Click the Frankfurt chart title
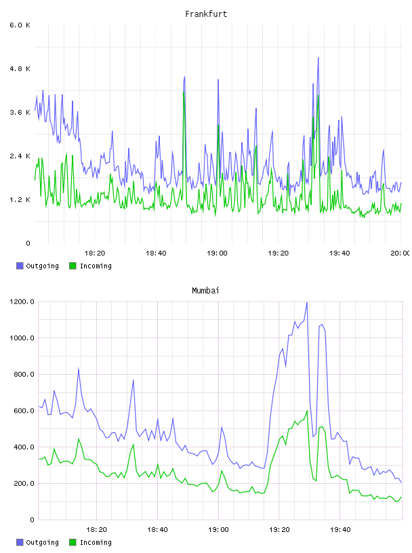206,14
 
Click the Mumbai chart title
205,291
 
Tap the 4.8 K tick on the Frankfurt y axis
20,68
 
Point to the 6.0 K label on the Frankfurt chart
20,25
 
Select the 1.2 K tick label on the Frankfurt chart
20,200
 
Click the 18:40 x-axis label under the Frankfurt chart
156,253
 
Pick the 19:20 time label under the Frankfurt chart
279,253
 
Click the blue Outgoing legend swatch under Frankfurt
20,266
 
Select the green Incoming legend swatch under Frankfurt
73,266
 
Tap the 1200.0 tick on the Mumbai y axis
22,302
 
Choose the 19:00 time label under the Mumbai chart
218,529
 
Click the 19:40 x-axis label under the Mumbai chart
340,529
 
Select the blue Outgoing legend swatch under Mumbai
20,542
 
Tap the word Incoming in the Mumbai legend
96,542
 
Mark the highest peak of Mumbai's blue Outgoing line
307,303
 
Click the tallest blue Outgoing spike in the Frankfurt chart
318,58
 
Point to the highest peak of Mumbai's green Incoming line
307,411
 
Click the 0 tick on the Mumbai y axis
32,520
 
